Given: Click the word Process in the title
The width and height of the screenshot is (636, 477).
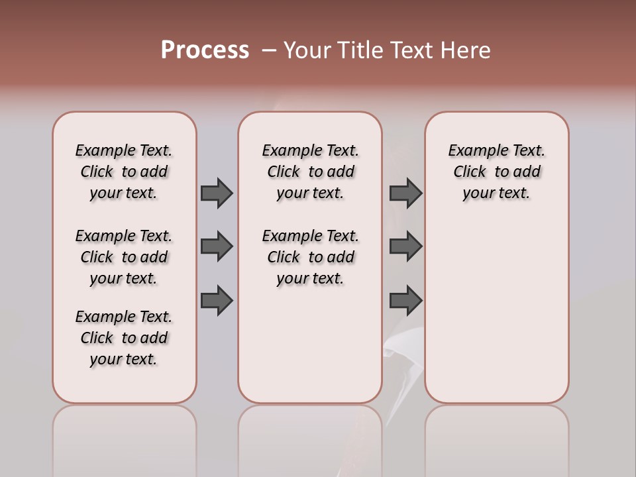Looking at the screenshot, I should point(205,50).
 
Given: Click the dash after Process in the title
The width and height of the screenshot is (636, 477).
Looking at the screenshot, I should point(268,50).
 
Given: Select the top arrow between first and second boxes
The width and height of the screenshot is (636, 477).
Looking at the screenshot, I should point(217,193).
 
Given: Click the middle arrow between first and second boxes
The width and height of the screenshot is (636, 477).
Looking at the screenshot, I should point(217,246).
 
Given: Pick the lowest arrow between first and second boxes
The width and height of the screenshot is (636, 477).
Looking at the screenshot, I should point(217,301).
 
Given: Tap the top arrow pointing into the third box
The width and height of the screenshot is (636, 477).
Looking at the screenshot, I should point(405,193).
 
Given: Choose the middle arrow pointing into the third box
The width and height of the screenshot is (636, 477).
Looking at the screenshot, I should point(405,246).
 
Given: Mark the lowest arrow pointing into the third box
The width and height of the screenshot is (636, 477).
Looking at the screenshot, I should point(405,301).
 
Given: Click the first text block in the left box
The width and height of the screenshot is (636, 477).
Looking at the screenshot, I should point(124,172).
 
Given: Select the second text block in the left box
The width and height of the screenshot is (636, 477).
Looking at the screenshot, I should point(124,257).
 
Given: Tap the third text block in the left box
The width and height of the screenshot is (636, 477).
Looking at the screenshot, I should point(124,338).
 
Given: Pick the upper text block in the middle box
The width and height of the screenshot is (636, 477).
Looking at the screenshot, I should point(310,172).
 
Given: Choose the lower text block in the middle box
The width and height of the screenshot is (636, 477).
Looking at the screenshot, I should point(310,257).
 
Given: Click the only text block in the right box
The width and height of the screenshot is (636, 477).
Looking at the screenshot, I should point(496,172).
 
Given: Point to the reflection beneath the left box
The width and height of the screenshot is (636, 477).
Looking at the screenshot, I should point(125,437).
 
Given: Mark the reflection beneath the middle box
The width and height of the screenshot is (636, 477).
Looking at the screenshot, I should point(310,437).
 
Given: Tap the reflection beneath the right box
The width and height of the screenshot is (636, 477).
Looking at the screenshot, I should point(497,437).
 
